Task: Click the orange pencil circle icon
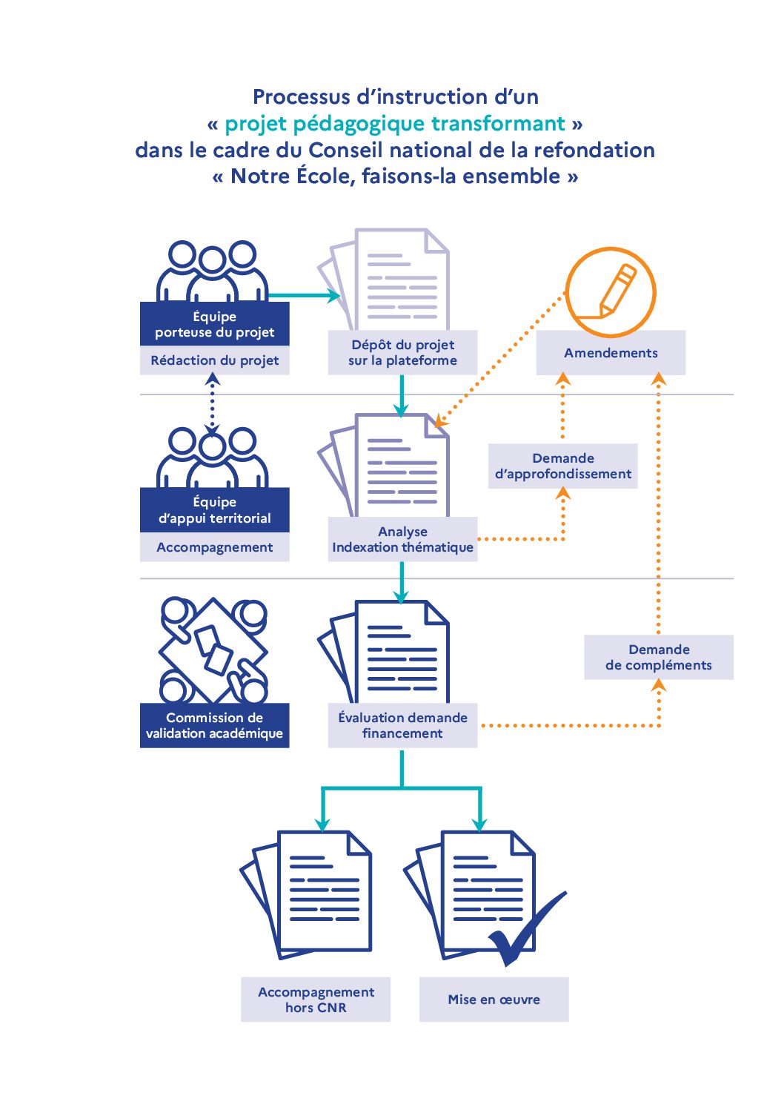[610, 291]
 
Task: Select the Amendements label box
[611, 353]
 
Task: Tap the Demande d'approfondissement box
[562, 466]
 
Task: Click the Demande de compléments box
[658, 657]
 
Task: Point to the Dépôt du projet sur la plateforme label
[402, 353]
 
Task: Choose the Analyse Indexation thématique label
[402, 539]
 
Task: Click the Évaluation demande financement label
[402, 725]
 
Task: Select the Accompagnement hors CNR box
[316, 1000]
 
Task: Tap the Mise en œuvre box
[494, 1000]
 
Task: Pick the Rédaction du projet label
[214, 360]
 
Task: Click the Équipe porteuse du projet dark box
[214, 324]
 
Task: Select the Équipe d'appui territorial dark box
[214, 510]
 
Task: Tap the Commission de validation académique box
[214, 725]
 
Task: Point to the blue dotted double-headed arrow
[213, 403]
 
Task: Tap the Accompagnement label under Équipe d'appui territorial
[214, 547]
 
